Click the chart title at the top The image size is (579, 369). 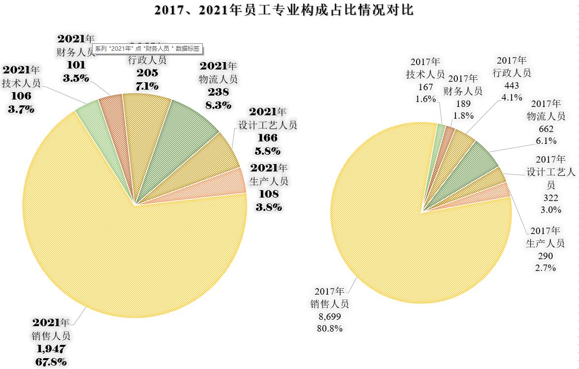point(284,10)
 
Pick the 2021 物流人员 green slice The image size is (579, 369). point(190,126)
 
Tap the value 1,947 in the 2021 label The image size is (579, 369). point(51,349)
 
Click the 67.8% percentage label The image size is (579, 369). point(51,362)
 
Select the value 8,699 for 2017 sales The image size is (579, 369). point(329,316)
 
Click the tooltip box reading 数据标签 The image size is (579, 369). point(147,49)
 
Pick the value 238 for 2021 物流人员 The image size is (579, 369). point(218,92)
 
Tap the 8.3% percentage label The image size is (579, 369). point(218,104)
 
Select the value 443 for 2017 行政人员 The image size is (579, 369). point(512,85)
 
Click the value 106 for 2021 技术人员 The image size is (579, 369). point(21,96)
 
